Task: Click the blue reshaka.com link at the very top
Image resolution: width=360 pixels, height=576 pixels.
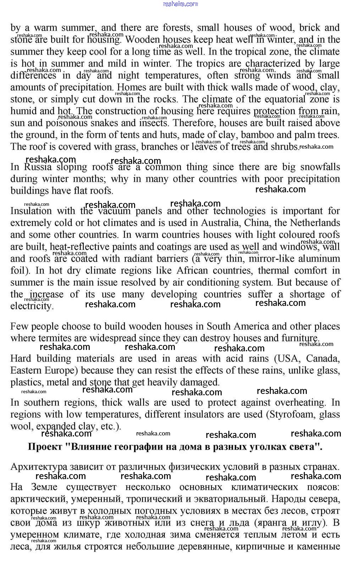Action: point(180,4)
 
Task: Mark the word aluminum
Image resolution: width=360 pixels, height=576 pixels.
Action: point(319,259)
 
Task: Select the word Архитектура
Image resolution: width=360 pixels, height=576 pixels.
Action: point(39,467)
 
